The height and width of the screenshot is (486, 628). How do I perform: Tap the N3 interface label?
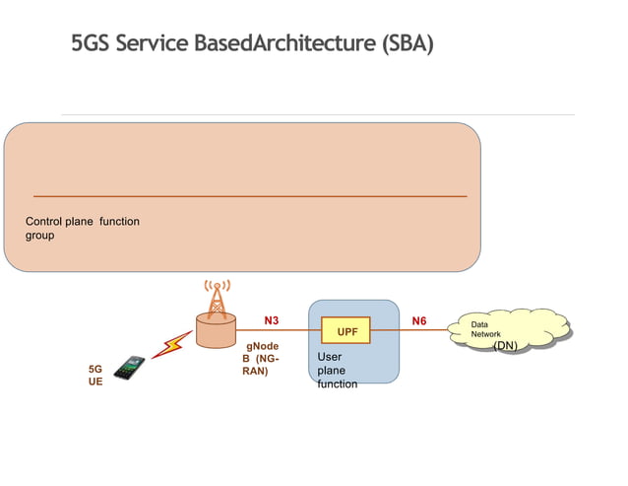pos(272,320)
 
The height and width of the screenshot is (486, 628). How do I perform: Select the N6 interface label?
pos(418,320)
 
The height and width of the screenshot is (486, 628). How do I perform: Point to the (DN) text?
pos(505,346)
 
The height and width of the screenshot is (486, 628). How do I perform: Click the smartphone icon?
pos(129,368)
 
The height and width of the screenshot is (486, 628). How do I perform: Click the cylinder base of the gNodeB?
pos(216,330)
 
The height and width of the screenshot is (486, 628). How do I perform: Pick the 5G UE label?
pos(94,374)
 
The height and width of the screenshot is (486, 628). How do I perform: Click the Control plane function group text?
pos(82,229)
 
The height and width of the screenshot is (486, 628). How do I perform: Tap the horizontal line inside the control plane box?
pos(249,196)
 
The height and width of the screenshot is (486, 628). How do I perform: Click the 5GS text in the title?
pos(90,44)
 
